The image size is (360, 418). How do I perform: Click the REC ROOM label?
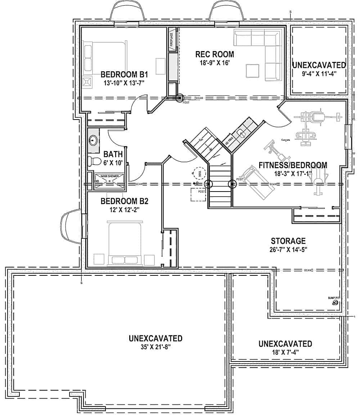(x=215, y=54)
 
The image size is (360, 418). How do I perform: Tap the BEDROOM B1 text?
(x=124, y=75)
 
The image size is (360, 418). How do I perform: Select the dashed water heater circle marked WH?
(x=199, y=173)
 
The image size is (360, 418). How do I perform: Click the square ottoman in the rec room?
(x=252, y=71)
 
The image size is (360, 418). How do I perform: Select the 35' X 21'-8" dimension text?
(x=155, y=347)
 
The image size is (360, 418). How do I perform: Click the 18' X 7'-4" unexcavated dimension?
(x=285, y=352)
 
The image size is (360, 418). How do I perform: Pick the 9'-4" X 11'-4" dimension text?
(x=319, y=74)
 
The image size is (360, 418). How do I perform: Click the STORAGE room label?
(x=288, y=241)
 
